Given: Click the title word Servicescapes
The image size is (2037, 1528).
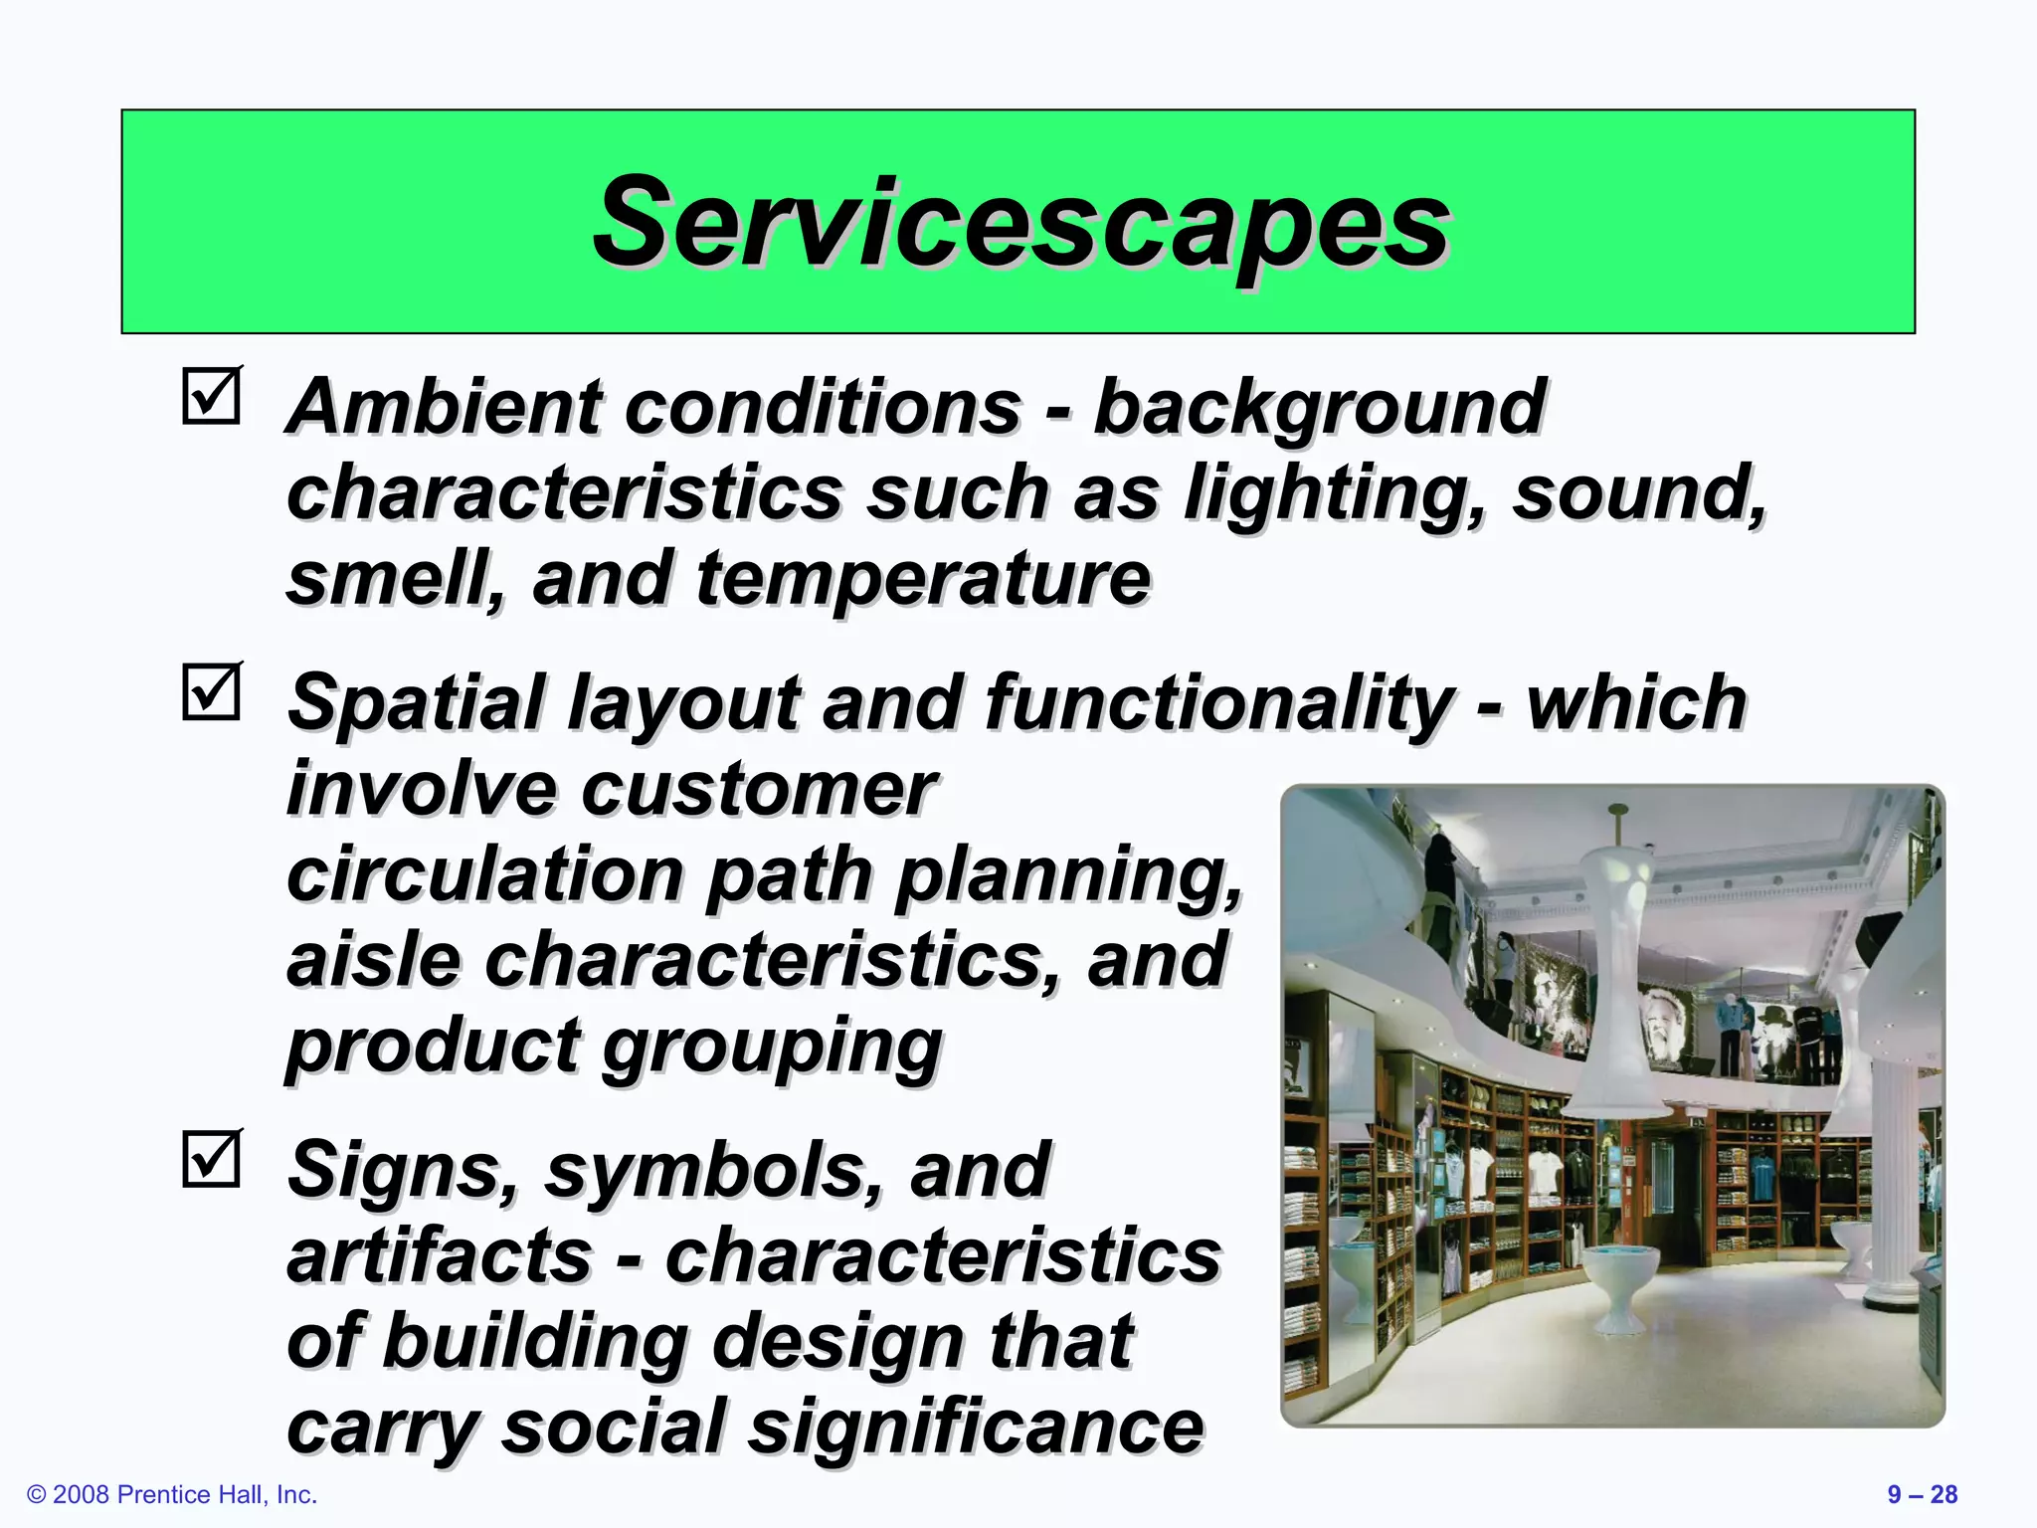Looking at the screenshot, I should pyautogui.click(x=1020, y=224).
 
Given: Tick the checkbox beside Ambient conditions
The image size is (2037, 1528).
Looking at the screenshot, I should pyautogui.click(x=212, y=397).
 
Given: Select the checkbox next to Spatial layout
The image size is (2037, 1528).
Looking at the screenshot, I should pyautogui.click(x=212, y=691).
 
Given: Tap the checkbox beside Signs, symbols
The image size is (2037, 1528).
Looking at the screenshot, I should pyautogui.click(x=212, y=1158).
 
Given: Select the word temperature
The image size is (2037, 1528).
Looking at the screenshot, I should pyautogui.click(x=922, y=579).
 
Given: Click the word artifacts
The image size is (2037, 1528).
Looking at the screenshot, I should pyautogui.click(x=439, y=1255).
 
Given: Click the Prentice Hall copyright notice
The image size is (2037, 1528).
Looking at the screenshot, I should pyautogui.click(x=172, y=1494).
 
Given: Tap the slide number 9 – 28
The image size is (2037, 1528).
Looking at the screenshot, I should pyautogui.click(x=1922, y=1494).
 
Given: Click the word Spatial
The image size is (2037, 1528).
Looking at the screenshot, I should pyautogui.click(x=415, y=702).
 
